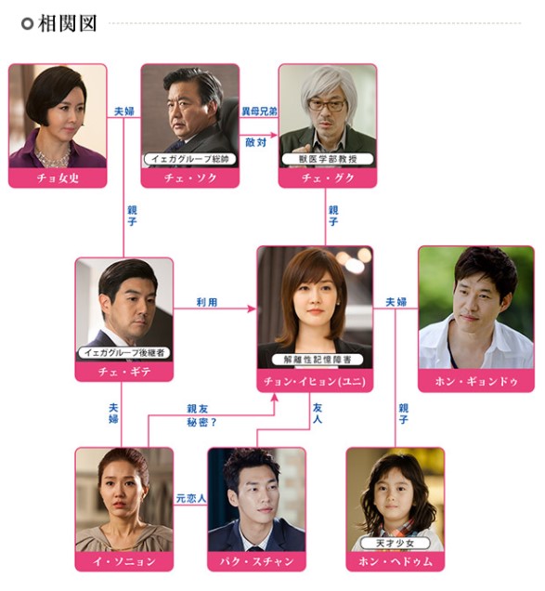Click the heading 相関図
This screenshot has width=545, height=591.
pyautogui.click(x=68, y=23)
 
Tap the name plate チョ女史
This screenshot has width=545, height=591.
pyautogui.click(x=58, y=177)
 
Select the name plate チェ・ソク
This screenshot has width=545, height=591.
pyautogui.click(x=190, y=177)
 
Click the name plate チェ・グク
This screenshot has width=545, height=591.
pyautogui.click(x=328, y=177)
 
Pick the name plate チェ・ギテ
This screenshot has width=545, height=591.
pyautogui.click(x=124, y=372)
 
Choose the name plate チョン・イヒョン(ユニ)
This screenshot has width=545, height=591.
pyautogui.click(x=315, y=381)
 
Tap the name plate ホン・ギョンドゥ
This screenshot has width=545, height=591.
pyautogui.click(x=476, y=381)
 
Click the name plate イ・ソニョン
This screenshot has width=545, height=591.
pyautogui.click(x=124, y=561)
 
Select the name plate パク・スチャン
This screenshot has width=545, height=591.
pyautogui.click(x=257, y=561)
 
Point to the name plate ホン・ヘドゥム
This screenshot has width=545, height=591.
pyautogui.click(x=396, y=561)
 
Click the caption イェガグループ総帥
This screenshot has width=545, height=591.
pyautogui.click(x=190, y=159)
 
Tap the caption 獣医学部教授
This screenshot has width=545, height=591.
pyautogui.click(x=328, y=159)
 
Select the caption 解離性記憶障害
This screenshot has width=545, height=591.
pyautogui.click(x=318, y=360)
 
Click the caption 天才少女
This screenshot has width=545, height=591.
pyautogui.click(x=396, y=543)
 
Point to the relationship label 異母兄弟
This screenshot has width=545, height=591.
pyautogui.click(x=259, y=112)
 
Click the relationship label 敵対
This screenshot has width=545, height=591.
pyautogui.click(x=256, y=142)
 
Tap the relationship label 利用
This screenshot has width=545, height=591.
pyautogui.click(x=207, y=302)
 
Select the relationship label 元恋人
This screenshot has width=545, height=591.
pyautogui.click(x=191, y=499)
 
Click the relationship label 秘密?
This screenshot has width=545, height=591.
pyautogui.click(x=201, y=423)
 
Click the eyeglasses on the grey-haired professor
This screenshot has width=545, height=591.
pyautogui.click(x=327, y=105)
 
